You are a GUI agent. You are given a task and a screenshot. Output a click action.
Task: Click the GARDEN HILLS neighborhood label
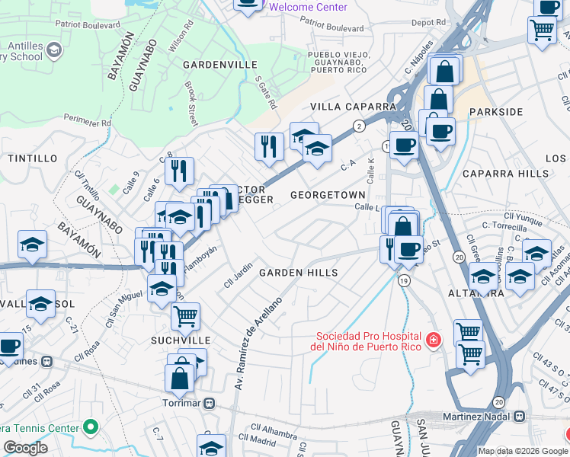coord(298,273)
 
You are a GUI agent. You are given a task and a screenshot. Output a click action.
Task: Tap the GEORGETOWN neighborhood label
coord(328,195)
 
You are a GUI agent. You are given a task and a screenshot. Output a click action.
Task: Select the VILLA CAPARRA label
coord(352,107)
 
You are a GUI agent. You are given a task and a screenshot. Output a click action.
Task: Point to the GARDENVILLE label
coord(220,65)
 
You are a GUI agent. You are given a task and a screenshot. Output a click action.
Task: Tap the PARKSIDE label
coord(496,112)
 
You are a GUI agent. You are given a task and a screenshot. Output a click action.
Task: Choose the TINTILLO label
coord(32,158)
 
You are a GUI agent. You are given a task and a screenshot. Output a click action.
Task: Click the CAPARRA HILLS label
coord(517,174)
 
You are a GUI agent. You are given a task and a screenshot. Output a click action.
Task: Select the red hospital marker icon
coord(433,339)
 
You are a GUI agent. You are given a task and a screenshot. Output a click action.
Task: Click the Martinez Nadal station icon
coord(520,417)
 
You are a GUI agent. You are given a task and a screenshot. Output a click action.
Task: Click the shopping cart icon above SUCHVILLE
coord(185,315)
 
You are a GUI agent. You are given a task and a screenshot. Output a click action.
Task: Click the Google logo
coord(25,448)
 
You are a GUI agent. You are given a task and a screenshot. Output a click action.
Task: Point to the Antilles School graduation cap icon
coord(54,51)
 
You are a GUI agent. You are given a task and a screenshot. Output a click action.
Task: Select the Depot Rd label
coord(427,23)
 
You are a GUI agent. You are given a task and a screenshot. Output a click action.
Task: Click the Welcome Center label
coord(308,7)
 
